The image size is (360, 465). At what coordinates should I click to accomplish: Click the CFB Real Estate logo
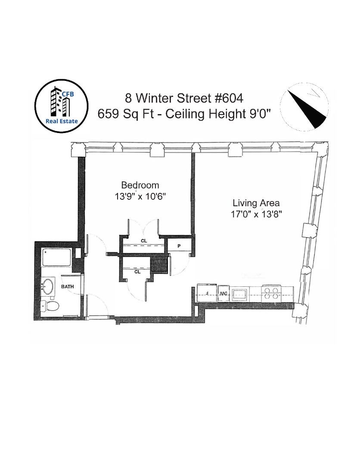[x=62, y=106]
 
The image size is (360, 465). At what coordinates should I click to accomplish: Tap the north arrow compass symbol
[x=304, y=107]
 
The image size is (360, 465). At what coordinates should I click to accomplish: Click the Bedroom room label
[x=140, y=185]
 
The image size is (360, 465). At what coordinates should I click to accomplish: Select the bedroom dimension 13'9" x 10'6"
[x=140, y=196]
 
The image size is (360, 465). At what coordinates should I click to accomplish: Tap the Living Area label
[x=256, y=203]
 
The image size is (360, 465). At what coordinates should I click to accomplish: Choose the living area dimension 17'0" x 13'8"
[x=256, y=214]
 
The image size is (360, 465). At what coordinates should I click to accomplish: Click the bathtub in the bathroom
[x=57, y=257]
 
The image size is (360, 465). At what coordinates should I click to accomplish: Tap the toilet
[x=50, y=306]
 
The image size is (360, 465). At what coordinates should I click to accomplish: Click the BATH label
[x=67, y=286]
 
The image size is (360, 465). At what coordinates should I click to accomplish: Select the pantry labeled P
[x=179, y=246]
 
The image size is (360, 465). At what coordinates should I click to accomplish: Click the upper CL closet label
[x=144, y=241]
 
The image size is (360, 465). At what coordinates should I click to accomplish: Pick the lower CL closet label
[x=137, y=272]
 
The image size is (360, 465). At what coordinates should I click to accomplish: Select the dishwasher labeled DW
[x=223, y=294]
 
